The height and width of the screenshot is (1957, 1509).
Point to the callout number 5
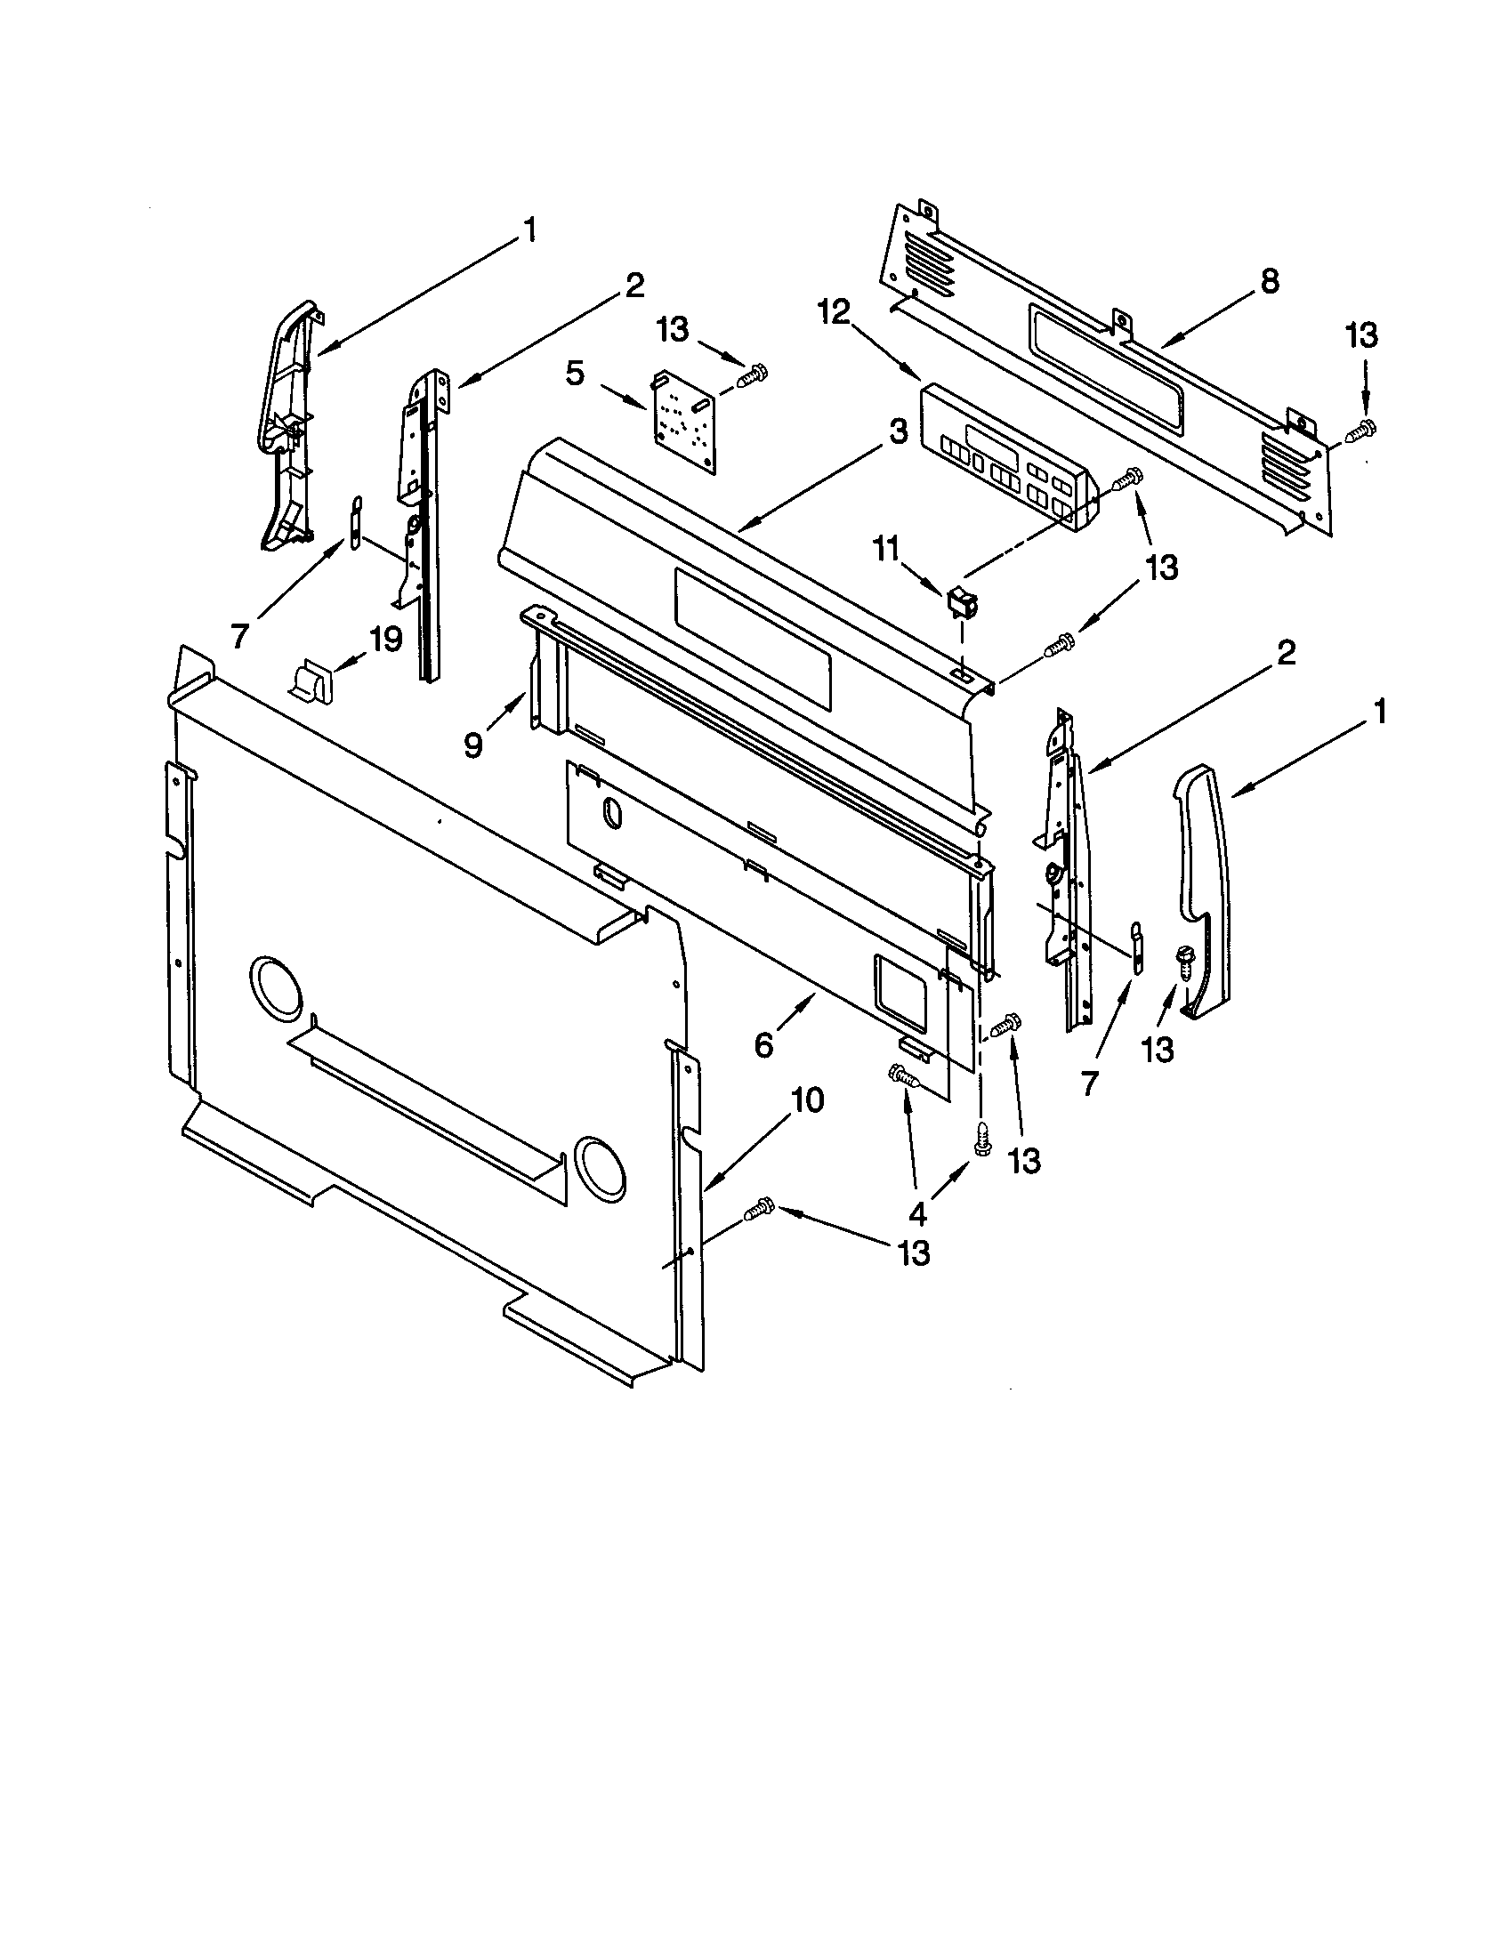[577, 373]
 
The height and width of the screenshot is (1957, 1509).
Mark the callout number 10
[807, 1100]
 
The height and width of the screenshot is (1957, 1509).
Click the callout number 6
[763, 1044]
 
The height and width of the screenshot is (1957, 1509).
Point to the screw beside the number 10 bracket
[758, 1211]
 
